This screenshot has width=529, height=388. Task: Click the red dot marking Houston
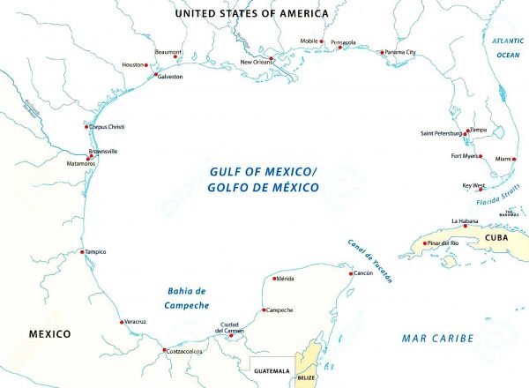tap(147, 65)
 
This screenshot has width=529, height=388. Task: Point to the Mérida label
tap(284, 279)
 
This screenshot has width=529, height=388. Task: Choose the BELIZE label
tap(306, 377)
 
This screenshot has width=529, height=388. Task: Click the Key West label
tap(473, 185)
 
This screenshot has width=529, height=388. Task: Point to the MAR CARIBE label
tap(437, 338)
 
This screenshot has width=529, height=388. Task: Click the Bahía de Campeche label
tap(186, 298)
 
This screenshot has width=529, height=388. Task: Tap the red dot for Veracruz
tap(122, 322)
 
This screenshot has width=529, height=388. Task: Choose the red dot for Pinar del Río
tap(423, 243)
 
